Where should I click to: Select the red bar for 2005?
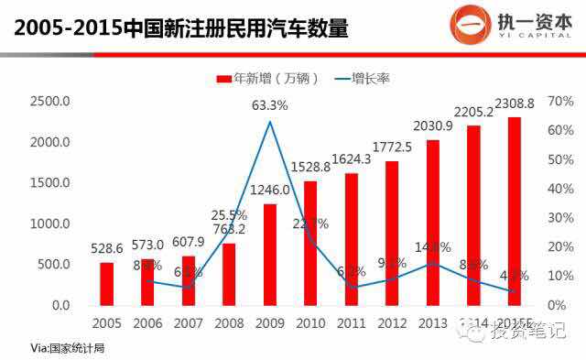tap(107, 283)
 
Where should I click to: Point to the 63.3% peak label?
tap(270, 105)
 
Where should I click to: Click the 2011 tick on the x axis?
tap(351, 322)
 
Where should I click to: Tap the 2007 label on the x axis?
tap(189, 322)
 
